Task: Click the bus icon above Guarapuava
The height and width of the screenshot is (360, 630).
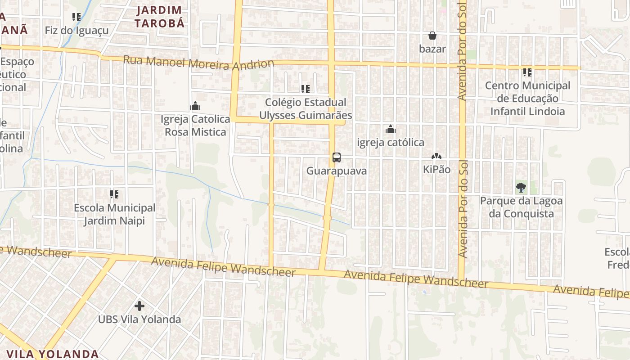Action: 336,157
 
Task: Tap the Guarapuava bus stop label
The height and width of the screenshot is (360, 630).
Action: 337,171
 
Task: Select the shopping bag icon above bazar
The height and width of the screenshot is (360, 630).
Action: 432,36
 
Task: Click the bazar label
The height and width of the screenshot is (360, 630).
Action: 432,49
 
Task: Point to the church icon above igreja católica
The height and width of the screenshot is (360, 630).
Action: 391,130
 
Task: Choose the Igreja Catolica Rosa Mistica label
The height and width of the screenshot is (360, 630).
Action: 195,126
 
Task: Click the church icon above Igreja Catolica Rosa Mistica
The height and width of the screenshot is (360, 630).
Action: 195,106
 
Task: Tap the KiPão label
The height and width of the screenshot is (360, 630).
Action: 436,170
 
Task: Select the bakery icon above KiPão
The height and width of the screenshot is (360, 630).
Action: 436,156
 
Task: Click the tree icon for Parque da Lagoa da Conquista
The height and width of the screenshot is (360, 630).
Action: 521,188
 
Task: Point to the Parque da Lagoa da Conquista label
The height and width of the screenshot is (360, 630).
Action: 521,207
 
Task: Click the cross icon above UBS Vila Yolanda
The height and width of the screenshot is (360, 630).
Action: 139,306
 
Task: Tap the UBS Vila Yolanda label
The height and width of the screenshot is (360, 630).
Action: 139,319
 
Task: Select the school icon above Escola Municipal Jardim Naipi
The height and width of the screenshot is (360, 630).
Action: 114,194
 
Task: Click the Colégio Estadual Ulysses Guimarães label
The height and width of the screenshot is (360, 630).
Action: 306,108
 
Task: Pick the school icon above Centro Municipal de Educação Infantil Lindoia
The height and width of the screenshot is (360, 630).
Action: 527,72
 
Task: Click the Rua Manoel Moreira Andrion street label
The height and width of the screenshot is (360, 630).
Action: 198,63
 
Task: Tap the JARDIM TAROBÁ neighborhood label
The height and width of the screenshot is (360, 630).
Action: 160,17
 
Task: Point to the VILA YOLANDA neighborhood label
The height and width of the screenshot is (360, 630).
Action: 53,354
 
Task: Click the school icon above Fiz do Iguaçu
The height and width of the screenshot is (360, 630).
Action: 76,17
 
